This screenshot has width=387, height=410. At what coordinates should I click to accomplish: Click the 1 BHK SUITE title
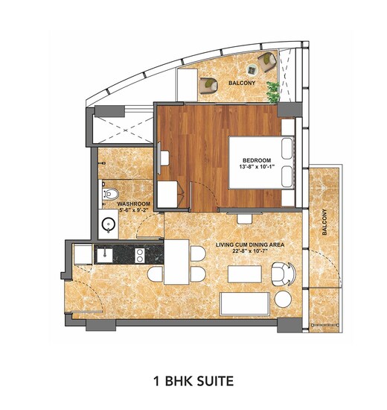pos(193,381)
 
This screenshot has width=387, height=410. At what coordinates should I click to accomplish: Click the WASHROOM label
pos(134,204)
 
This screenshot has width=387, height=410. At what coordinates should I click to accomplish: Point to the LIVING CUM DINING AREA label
pos(250,245)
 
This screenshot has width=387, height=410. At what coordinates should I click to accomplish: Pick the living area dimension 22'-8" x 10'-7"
pos(250,251)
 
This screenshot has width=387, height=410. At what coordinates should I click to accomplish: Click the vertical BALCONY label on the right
pos(324,221)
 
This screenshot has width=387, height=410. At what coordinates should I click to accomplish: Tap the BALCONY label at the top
pos(242,83)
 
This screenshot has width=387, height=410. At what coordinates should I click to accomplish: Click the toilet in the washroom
pos(110,194)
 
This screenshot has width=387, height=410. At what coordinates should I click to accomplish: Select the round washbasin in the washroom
pos(109,224)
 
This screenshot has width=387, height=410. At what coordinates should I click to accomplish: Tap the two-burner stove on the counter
pos(140,256)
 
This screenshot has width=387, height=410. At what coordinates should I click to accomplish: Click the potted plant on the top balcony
pos(273,92)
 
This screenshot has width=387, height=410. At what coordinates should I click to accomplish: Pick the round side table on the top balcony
pos(252,70)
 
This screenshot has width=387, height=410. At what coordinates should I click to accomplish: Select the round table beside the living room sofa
pos(283,299)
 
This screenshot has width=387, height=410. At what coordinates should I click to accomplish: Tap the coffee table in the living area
pos(245,274)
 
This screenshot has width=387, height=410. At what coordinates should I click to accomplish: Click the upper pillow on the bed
pos(287,148)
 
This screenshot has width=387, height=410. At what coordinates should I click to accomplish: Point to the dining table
pos(176,262)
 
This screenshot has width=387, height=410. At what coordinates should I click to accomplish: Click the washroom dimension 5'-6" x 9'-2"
pos(134,210)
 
